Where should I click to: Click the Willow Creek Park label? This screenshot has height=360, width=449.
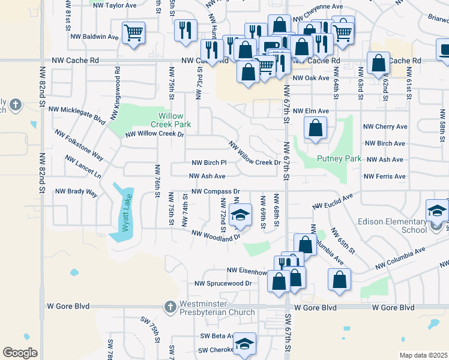pyautogui.click(x=175, y=120)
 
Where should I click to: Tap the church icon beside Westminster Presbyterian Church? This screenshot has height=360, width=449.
pyautogui.click(x=170, y=307)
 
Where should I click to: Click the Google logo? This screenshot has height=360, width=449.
pyautogui.click(x=20, y=353)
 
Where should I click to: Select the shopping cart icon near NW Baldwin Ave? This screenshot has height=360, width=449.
pyautogui.click(x=133, y=32)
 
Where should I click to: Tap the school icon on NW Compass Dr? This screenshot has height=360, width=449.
pyautogui.click(x=240, y=216)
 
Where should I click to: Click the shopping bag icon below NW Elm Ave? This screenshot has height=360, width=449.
pyautogui.click(x=316, y=128)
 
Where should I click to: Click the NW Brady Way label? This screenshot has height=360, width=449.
pyautogui.click(x=76, y=192)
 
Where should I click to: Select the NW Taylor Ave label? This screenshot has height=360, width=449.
pyautogui.click(x=116, y=5)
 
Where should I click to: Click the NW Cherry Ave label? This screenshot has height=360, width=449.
pyautogui.click(x=385, y=127)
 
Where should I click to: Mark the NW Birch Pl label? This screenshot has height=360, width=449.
pyautogui.click(x=209, y=163)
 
